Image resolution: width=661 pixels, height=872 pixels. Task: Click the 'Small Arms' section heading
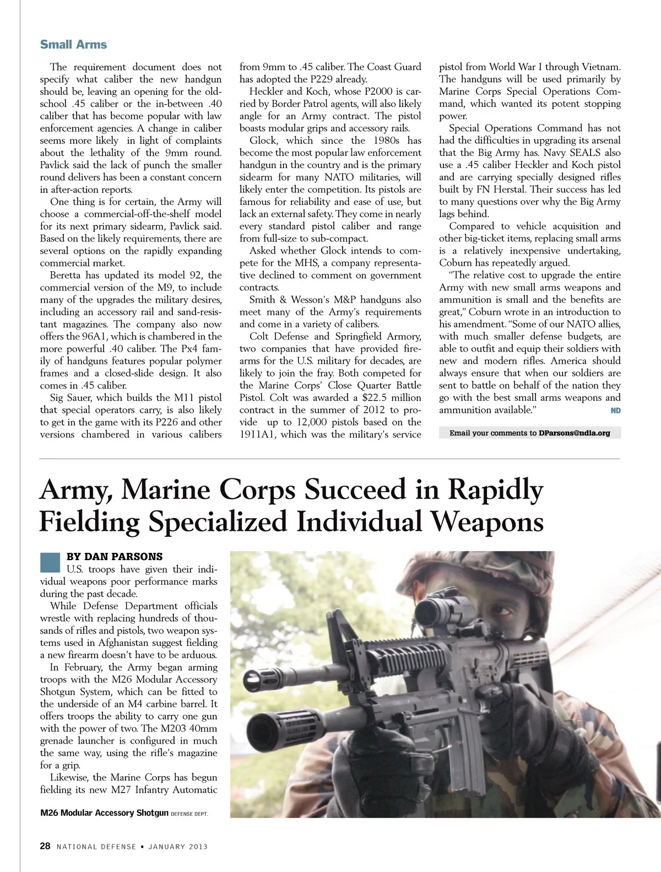pyautogui.click(x=73, y=45)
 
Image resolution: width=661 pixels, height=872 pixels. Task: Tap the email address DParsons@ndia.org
pyautogui.click(x=574, y=433)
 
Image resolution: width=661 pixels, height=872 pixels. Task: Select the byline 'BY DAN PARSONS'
pyautogui.click(x=114, y=557)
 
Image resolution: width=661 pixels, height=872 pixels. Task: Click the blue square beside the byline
pyautogui.click(x=50, y=562)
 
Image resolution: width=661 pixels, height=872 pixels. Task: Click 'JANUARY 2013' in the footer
pyautogui.click(x=178, y=847)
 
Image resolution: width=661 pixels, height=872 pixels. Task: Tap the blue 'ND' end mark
pyautogui.click(x=615, y=410)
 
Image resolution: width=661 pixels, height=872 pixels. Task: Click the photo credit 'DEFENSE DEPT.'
pyautogui.click(x=189, y=814)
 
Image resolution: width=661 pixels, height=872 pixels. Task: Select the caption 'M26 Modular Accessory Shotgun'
pyautogui.click(x=104, y=812)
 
